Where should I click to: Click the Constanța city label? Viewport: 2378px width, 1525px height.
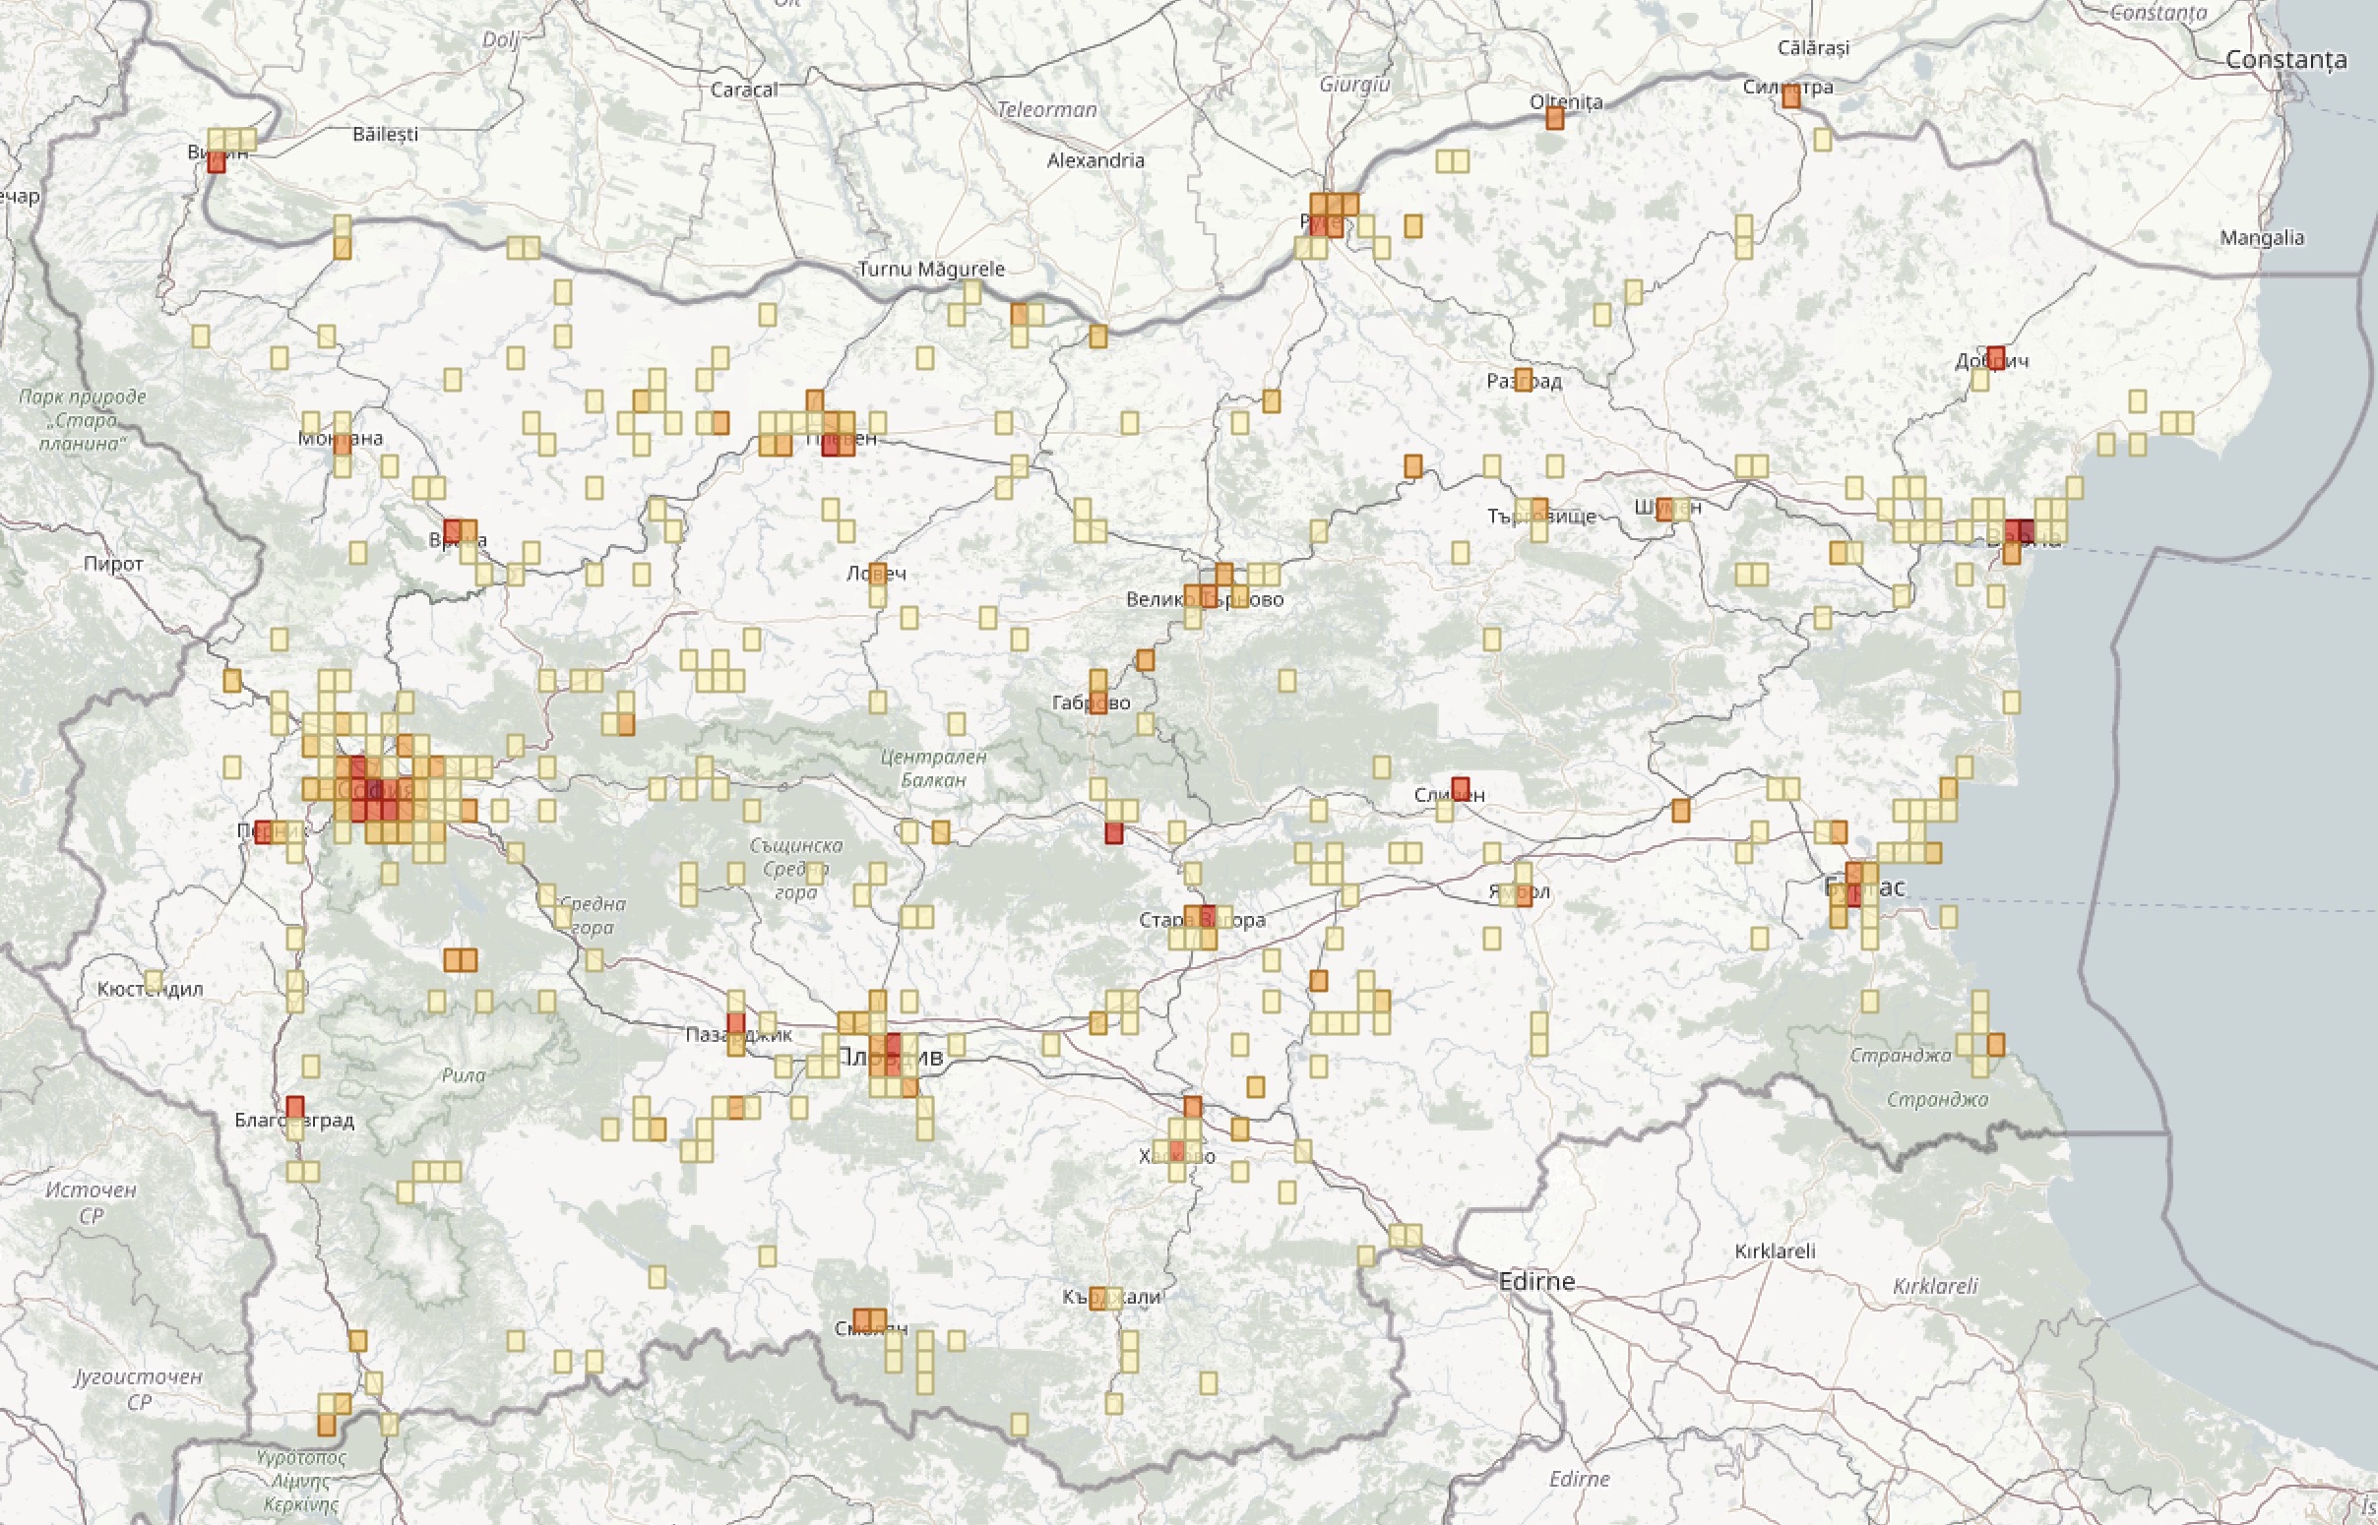tap(2285, 60)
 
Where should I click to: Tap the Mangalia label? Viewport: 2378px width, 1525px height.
tap(2261, 238)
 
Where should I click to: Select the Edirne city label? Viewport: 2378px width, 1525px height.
tap(1536, 1281)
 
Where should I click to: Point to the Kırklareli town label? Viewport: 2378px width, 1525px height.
tap(1775, 1250)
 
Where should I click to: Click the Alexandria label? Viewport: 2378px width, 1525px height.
tap(1095, 160)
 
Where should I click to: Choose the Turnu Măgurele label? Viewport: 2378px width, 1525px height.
tap(931, 269)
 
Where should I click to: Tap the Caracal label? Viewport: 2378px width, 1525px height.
tap(744, 91)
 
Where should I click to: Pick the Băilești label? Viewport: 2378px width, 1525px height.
tap(385, 134)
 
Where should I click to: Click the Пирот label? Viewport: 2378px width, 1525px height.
tap(113, 564)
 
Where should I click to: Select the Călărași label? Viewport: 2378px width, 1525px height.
tap(1812, 47)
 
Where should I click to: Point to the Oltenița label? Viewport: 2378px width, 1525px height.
tap(1566, 102)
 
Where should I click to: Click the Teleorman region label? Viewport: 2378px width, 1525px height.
tap(1047, 110)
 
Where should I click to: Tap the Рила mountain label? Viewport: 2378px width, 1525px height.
tap(464, 1075)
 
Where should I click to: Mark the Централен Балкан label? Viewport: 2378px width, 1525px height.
tap(933, 768)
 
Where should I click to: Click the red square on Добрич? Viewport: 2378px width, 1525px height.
tap(1996, 356)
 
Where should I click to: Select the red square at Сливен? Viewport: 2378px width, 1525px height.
tap(1460, 788)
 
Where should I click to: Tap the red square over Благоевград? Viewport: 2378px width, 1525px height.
tap(295, 1107)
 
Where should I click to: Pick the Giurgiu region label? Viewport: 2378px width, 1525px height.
tap(1354, 86)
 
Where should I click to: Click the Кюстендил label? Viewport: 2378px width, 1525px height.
tap(150, 988)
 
